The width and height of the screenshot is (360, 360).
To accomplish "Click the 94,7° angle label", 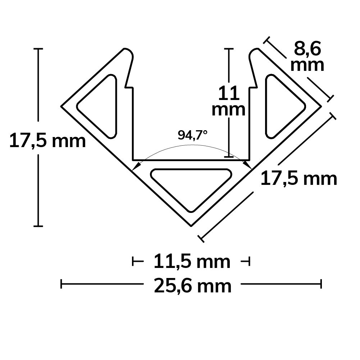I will tap(192, 135).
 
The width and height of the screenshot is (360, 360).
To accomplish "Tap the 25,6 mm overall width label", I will tap(192, 286).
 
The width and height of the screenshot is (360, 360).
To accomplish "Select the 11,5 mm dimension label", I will tap(192, 261).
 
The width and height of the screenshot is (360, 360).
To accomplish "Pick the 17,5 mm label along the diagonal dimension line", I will tap(299, 178).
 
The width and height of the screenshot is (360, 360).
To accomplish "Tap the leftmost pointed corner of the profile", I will tap(61, 107).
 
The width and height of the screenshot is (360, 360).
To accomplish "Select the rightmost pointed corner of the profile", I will tap(321, 106).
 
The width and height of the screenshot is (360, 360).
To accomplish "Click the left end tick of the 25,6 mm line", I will tap(61, 284).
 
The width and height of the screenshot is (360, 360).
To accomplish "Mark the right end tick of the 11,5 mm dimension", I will tap(249, 261).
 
